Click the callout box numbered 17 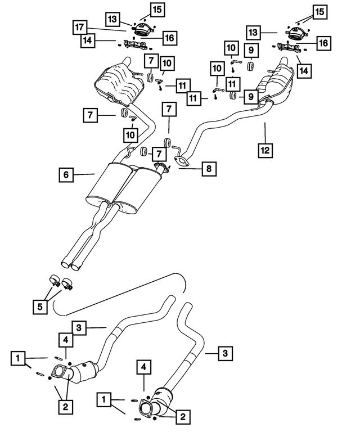79,26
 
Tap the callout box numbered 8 208,168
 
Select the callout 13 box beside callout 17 112,20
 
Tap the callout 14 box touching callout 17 87,40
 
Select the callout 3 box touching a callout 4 80,327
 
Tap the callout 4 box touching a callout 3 65,339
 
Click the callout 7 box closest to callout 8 161,154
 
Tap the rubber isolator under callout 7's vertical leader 168,141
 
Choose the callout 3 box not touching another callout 224,353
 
